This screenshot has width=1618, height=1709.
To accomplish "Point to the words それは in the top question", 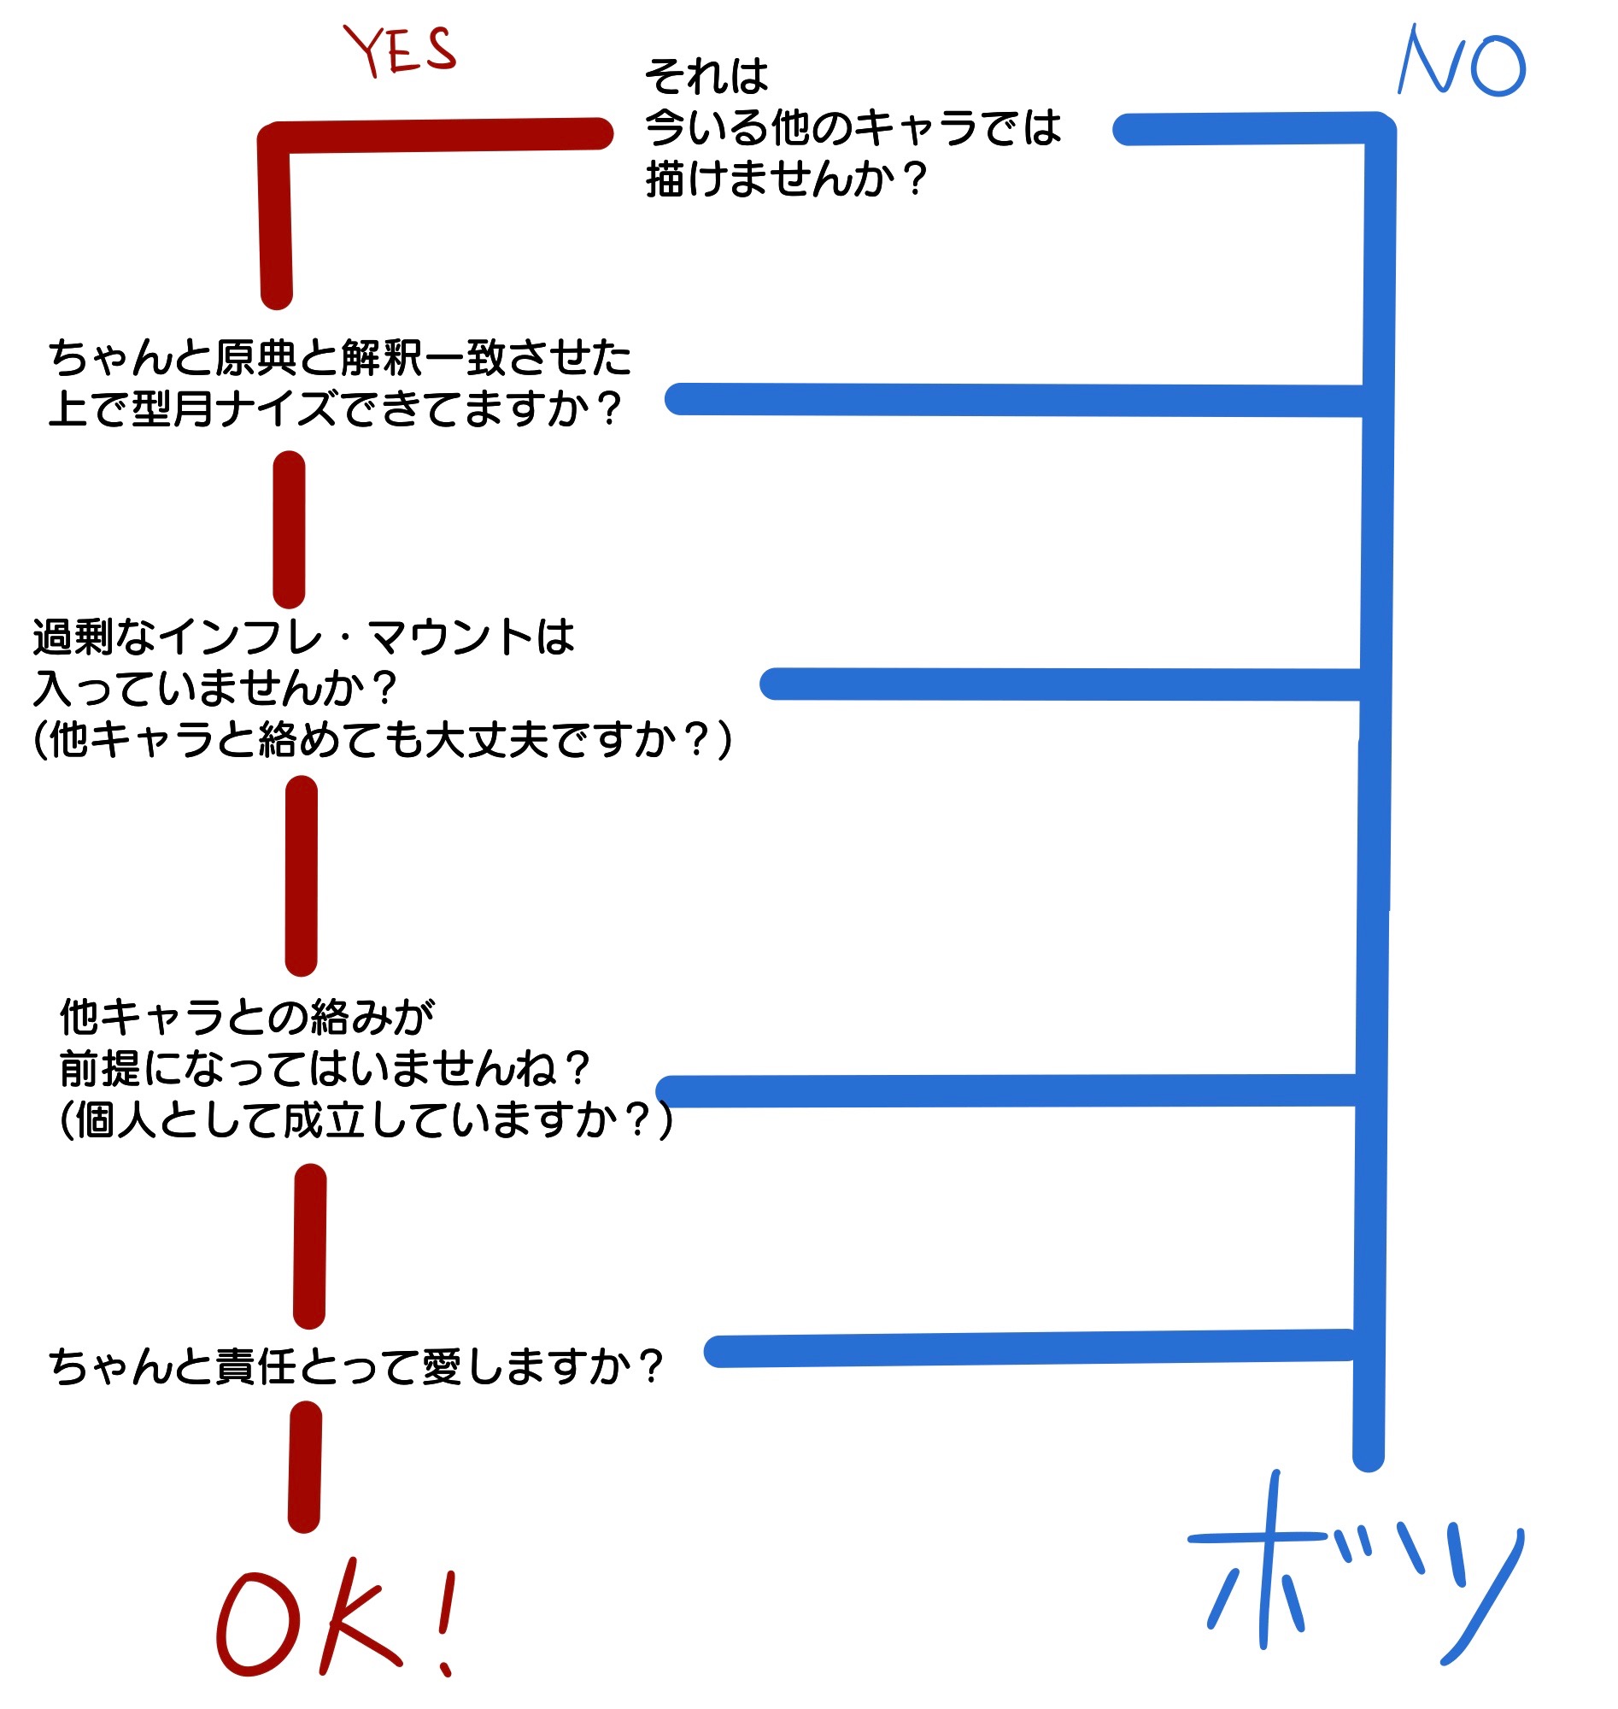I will (706, 76).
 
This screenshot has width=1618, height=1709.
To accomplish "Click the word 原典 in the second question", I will (255, 358).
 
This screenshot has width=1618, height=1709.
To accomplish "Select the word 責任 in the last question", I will (255, 1366).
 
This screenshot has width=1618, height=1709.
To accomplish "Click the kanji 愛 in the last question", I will (442, 1366).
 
